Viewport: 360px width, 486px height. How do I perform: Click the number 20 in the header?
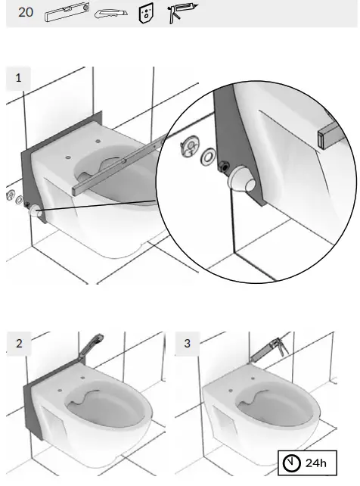(26, 13)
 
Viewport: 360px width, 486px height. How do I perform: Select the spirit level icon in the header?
(68, 14)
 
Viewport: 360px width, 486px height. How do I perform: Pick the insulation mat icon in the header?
(146, 14)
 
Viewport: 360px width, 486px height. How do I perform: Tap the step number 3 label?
(187, 343)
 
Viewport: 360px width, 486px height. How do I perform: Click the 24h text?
(315, 463)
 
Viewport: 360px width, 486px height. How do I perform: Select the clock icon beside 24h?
(292, 463)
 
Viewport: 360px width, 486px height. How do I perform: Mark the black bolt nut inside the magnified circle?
(224, 167)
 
